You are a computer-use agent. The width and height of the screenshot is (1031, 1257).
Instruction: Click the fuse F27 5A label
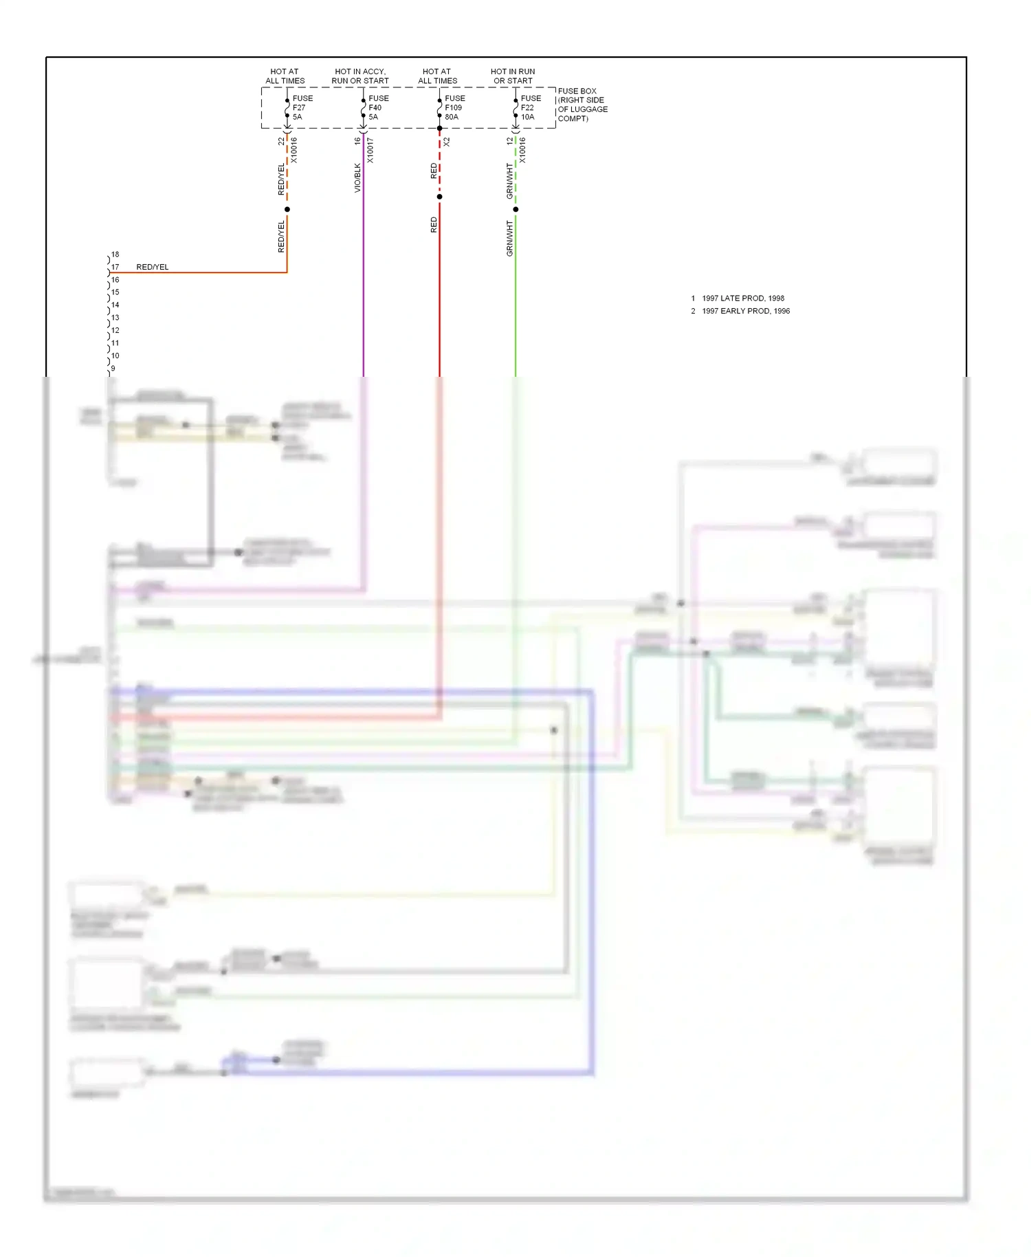tap(302, 108)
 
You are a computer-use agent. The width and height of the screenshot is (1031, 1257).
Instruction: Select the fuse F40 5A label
tap(378, 108)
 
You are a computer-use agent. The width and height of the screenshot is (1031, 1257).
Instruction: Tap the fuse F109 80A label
tap(454, 108)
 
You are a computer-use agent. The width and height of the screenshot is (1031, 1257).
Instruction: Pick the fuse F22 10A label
tap(530, 108)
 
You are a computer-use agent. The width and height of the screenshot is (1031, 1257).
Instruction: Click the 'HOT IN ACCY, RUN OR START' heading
tap(360, 76)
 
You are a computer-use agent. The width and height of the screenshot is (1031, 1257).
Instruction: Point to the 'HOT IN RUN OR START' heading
tap(513, 76)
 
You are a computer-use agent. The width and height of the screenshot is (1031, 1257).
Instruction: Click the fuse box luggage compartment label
tap(582, 105)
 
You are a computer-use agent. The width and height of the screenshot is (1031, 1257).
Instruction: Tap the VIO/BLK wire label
tap(357, 177)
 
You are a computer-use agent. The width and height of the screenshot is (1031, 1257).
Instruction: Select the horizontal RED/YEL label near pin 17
tap(152, 267)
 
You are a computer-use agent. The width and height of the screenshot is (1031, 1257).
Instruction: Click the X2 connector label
tap(447, 142)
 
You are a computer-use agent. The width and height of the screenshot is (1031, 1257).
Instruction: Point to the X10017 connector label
tap(370, 150)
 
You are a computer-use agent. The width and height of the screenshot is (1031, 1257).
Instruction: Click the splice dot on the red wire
tap(440, 197)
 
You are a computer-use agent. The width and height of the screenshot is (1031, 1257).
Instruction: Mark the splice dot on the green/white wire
tap(515, 209)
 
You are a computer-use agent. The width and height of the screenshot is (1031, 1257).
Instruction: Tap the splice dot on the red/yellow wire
tap(287, 209)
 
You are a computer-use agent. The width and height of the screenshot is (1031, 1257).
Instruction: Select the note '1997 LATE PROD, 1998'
tap(742, 298)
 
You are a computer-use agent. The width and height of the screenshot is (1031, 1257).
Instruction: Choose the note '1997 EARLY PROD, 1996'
tap(745, 311)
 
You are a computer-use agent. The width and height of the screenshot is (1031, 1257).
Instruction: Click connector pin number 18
tap(115, 254)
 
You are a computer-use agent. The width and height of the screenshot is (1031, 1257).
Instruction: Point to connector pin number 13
tap(115, 318)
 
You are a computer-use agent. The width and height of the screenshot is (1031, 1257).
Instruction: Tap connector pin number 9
tap(113, 369)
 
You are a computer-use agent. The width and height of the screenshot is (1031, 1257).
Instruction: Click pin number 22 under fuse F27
tap(281, 141)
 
